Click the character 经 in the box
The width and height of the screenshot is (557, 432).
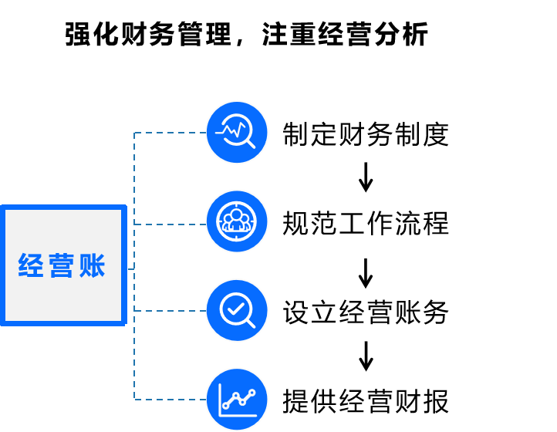click(31, 265)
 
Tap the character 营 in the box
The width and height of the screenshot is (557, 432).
click(62, 265)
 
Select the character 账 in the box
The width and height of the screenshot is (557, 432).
click(93, 265)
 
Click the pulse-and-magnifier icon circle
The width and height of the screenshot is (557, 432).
click(237, 133)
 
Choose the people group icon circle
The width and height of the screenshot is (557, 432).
click(237, 221)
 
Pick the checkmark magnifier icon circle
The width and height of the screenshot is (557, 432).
click(237, 310)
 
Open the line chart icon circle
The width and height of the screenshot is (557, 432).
click(237, 400)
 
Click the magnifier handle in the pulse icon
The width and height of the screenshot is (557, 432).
click(250, 143)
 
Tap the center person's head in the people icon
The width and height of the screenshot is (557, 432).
click(236, 215)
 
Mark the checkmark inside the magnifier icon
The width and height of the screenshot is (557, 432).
click(235, 309)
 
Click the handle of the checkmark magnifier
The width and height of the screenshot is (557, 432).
click(249, 322)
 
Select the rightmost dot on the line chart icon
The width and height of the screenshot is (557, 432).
click(251, 393)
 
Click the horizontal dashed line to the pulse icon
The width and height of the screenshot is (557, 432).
click(170, 133)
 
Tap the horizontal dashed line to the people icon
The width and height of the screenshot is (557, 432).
click(170, 224)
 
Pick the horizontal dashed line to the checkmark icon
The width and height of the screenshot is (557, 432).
click(170, 311)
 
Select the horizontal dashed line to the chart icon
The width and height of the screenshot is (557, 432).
click(170, 399)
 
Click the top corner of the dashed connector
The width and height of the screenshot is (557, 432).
click(134, 133)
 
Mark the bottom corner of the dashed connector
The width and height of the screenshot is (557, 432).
click(134, 399)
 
